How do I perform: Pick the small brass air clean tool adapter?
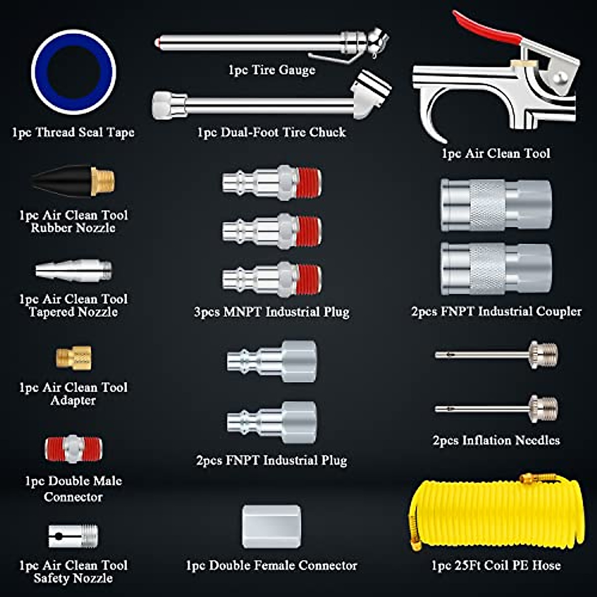[74, 357]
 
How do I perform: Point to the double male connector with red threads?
[73, 449]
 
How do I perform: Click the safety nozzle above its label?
[73, 536]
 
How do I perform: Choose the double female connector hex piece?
[271, 526]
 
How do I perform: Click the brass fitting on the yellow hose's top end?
[530, 479]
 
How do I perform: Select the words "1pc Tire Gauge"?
[272, 70]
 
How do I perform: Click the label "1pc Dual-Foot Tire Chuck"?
[271, 132]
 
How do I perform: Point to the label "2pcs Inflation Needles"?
[496, 440]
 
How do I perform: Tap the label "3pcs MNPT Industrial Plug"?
[272, 312]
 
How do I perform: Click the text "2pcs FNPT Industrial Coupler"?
[496, 311]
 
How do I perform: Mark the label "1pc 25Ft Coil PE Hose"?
[496, 565]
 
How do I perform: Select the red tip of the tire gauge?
[157, 43]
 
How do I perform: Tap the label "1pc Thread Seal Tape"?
[73, 132]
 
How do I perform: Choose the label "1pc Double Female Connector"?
[271, 565]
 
